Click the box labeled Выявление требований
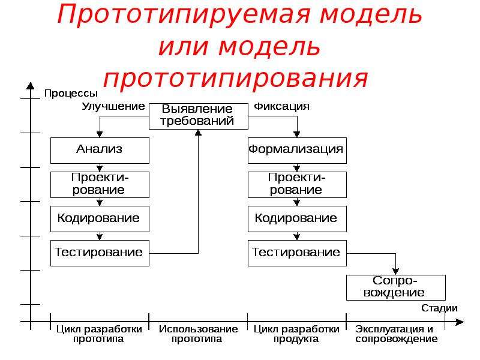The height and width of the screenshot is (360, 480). (x=199, y=116)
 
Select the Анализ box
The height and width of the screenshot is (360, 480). (x=100, y=151)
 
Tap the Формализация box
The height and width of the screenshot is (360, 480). (x=297, y=151)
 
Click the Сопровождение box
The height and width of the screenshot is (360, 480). (x=396, y=287)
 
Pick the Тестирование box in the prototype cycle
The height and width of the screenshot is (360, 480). (x=100, y=253)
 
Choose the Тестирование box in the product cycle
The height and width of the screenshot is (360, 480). (x=297, y=253)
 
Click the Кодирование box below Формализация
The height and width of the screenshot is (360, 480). (x=297, y=218)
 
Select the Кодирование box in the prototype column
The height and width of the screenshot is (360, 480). (x=100, y=218)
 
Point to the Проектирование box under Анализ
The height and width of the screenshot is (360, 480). (x=100, y=185)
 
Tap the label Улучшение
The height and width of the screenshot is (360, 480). (x=113, y=107)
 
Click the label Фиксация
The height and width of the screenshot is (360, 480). (x=281, y=107)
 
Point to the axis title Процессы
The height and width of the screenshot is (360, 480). (x=71, y=94)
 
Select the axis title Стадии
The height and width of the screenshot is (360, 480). (x=439, y=308)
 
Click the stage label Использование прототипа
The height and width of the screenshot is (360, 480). (x=198, y=334)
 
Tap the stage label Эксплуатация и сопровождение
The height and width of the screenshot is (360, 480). (x=397, y=334)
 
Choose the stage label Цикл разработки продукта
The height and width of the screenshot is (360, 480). (x=296, y=334)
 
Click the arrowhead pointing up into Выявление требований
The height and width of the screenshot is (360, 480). (x=199, y=133)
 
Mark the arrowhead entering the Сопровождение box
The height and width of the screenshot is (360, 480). (x=396, y=271)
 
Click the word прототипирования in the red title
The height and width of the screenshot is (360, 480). (x=236, y=78)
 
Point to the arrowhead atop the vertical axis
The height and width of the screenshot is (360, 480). (x=31, y=86)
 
